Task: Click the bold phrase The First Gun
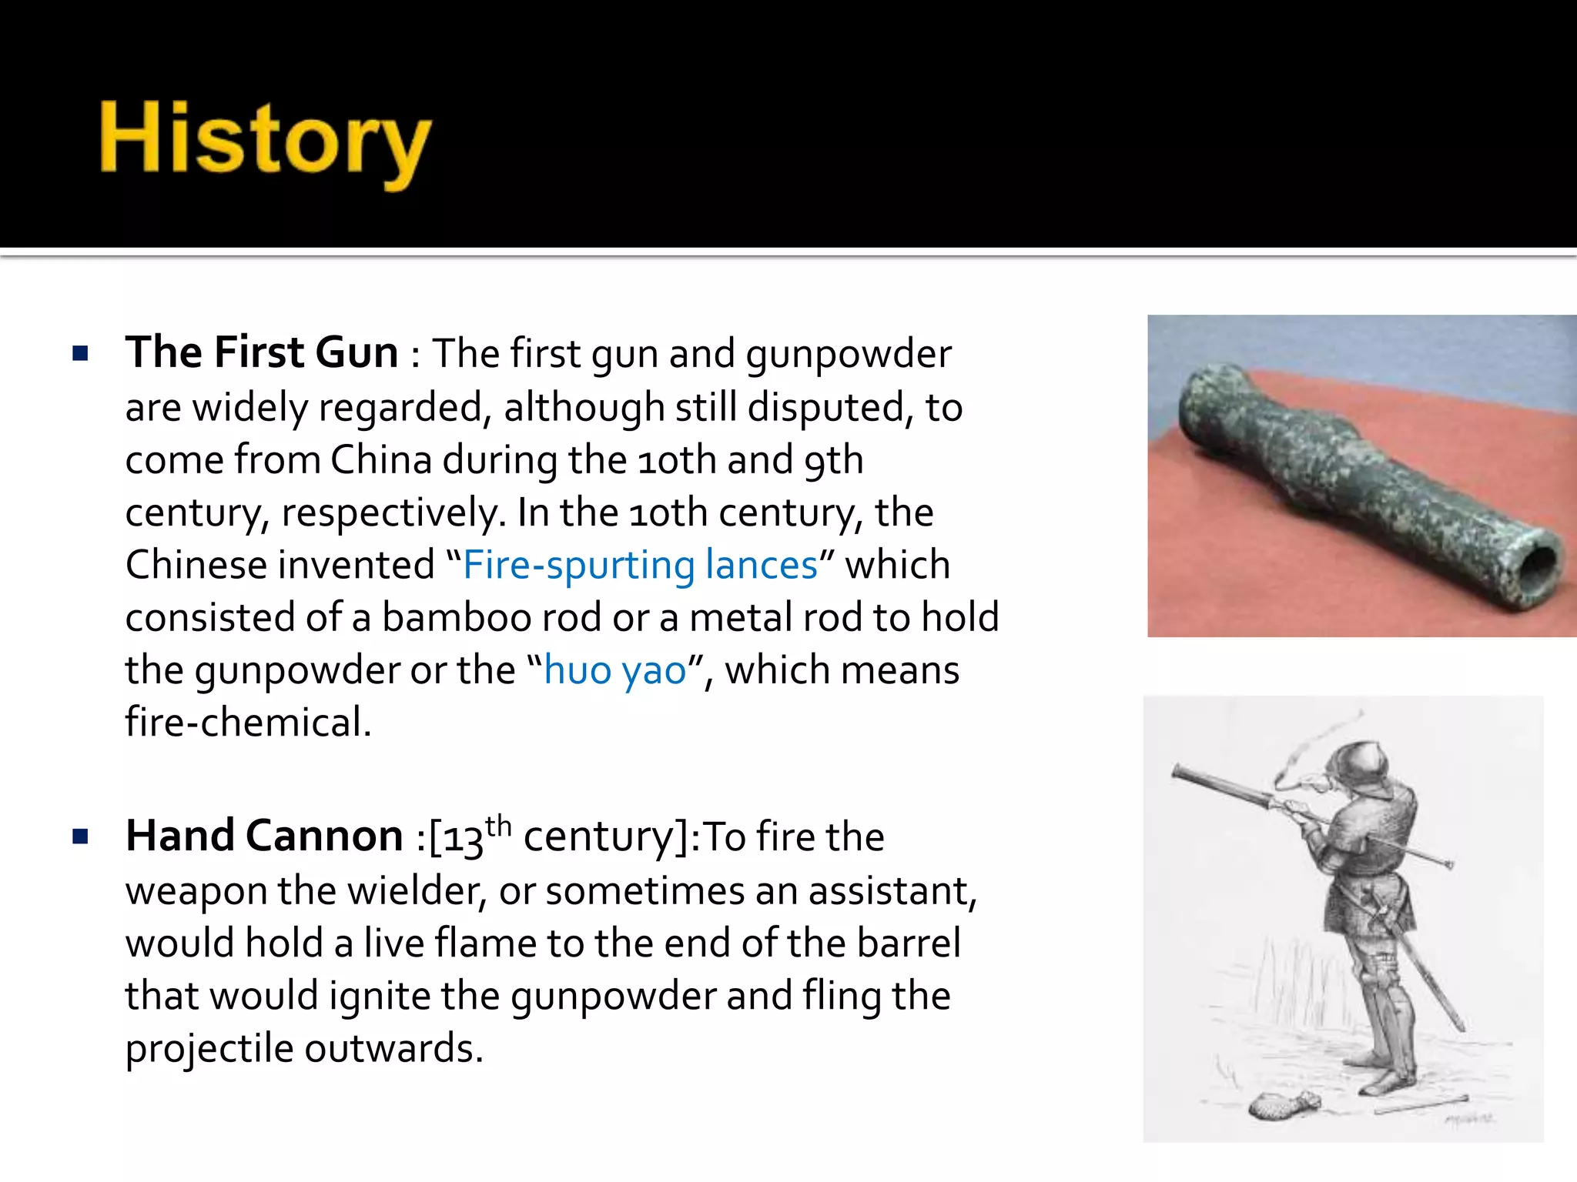(x=262, y=352)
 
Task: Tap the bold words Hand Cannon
(x=264, y=836)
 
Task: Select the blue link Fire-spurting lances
(x=640, y=565)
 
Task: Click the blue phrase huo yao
(x=614, y=669)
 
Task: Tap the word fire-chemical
(x=248, y=722)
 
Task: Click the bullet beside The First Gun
(x=80, y=354)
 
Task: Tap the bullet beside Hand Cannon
(x=80, y=837)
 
